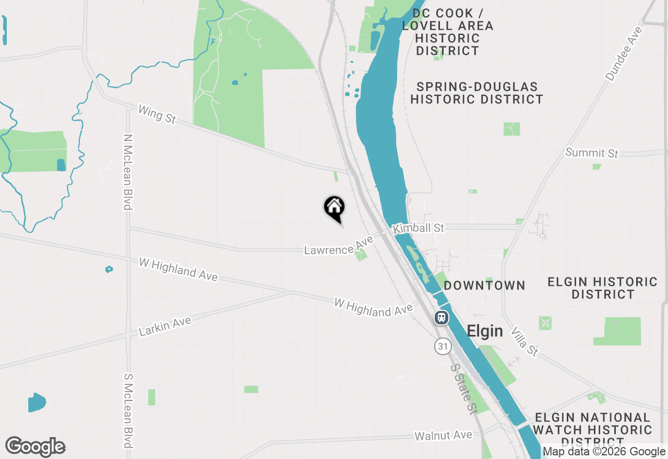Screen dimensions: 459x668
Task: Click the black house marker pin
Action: [334, 208]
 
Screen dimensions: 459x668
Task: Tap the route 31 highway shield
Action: [443, 346]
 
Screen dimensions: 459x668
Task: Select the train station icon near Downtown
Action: [442, 317]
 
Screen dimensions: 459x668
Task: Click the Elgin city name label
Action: [485, 331]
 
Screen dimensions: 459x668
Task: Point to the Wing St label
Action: [157, 115]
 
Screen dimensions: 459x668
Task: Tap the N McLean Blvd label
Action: [127, 172]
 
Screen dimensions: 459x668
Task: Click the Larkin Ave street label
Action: [165, 327]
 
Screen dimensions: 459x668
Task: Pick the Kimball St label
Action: [419, 228]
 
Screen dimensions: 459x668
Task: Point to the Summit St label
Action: [592, 153]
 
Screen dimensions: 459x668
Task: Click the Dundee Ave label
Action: [624, 54]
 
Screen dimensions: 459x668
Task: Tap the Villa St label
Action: [524, 342]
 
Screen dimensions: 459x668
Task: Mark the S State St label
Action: [464, 389]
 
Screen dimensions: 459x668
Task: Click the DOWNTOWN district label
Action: [484, 285]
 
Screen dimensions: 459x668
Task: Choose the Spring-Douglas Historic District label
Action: [476, 93]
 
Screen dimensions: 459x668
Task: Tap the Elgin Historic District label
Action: [602, 288]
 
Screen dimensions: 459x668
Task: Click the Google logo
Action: [35, 447]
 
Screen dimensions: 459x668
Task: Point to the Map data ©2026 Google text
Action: [604, 452]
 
